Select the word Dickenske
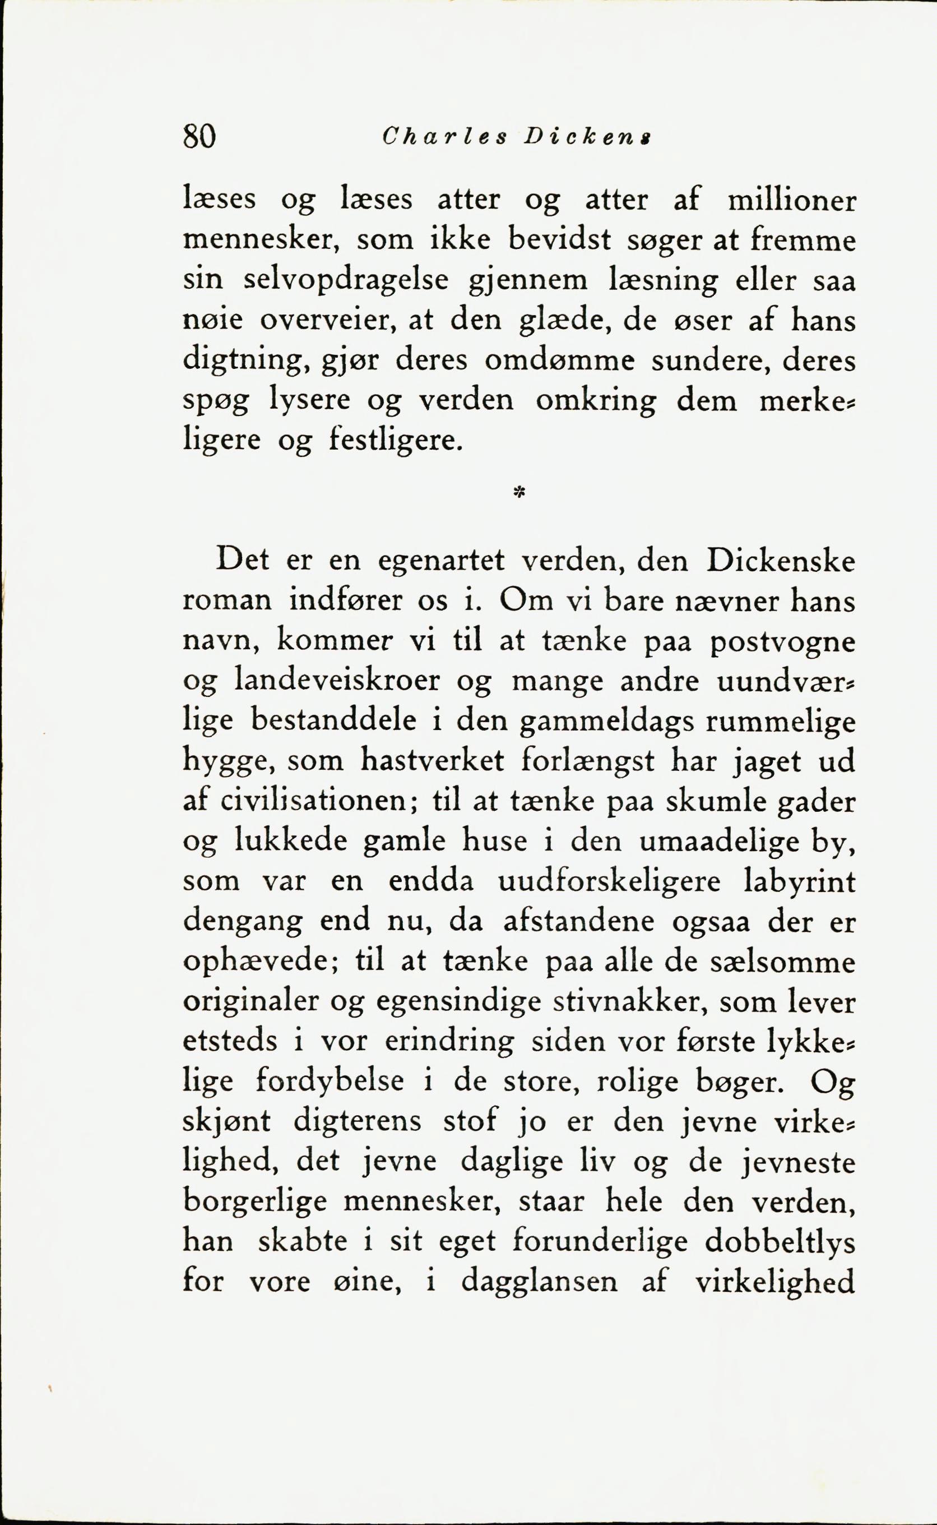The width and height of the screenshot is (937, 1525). click(780, 562)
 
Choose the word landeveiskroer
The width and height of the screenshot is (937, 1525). click(338, 681)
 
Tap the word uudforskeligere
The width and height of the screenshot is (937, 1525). click(609, 882)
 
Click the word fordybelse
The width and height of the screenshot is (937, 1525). click(329, 1083)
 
